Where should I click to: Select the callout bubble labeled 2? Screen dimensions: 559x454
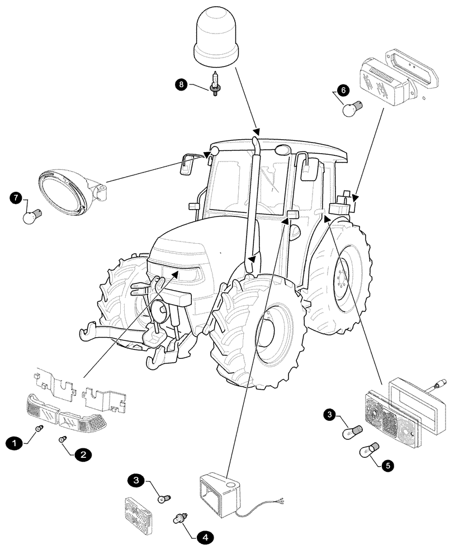tap(82, 455)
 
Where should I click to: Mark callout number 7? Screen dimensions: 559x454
tap(16, 198)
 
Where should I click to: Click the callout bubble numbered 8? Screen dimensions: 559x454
tap(181, 85)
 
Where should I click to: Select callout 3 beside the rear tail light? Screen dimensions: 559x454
tap(330, 414)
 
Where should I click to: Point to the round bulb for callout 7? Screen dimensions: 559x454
tap(33, 215)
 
